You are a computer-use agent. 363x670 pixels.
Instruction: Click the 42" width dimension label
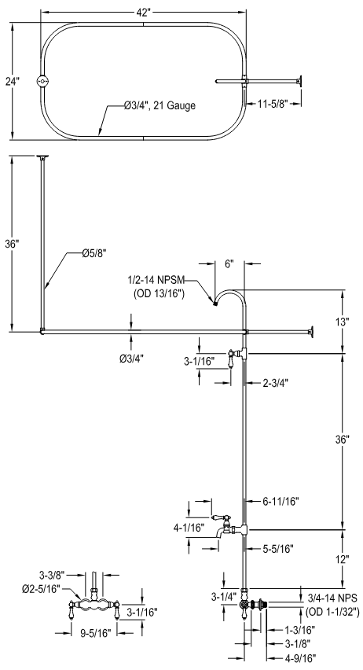click(x=144, y=13)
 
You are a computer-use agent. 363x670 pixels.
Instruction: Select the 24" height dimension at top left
click(x=13, y=81)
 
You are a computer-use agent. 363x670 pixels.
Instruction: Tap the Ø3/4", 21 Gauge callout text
click(x=159, y=105)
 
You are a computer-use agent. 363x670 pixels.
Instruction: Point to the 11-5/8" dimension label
click(x=273, y=103)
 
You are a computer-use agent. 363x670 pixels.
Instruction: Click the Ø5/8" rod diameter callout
click(x=94, y=253)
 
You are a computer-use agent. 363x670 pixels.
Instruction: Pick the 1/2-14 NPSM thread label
click(x=156, y=280)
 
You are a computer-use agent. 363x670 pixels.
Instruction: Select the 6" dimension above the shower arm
click(x=229, y=264)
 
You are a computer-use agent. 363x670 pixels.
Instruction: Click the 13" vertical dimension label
click(x=343, y=322)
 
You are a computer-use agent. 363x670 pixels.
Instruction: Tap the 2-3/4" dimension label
click(x=276, y=383)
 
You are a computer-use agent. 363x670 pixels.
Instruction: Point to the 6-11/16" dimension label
click(x=280, y=501)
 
